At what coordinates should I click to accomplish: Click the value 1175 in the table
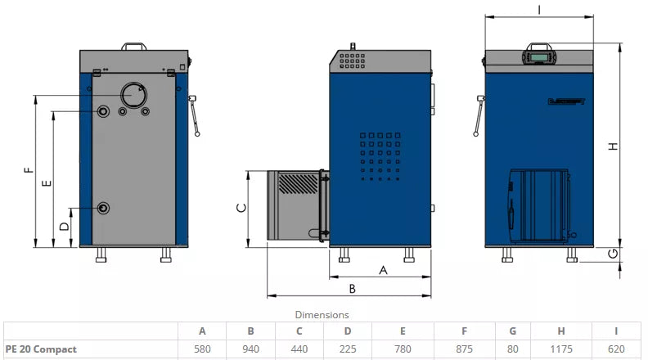[561, 349]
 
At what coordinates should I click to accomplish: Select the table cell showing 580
[202, 349]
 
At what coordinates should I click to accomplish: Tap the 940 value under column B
[250, 349]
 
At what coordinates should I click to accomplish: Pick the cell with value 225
[348, 349]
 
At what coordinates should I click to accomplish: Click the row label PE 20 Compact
[41, 349]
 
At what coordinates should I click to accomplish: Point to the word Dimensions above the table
[322, 314]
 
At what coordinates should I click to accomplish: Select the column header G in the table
[511, 331]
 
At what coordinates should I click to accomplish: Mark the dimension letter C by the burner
[241, 208]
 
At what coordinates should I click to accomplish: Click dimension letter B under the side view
[352, 288]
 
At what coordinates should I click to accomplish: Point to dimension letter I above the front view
[539, 9]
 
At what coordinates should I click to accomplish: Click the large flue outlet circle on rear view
[132, 95]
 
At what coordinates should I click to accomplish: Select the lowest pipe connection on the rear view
[103, 208]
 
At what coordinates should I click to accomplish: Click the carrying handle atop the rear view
[133, 46]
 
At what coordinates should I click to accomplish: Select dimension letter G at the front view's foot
[612, 254]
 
